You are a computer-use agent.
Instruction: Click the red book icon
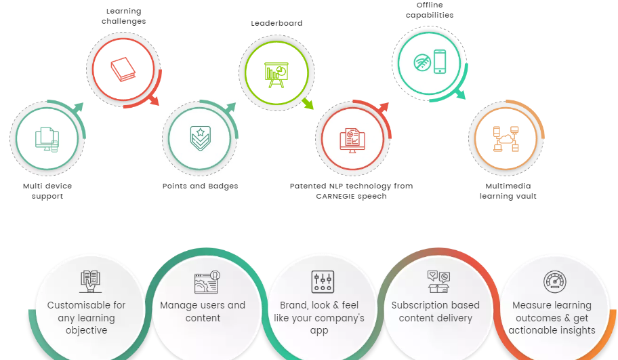click(x=123, y=69)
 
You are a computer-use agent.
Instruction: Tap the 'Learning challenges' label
click(x=123, y=16)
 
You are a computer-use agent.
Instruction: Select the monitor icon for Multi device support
click(x=47, y=139)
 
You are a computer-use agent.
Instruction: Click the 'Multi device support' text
click(x=47, y=191)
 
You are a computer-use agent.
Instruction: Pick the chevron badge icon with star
click(x=200, y=139)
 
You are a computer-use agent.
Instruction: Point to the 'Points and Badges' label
click(x=200, y=186)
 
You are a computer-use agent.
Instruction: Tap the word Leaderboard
click(x=276, y=23)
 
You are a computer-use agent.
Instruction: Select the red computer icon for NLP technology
click(x=352, y=140)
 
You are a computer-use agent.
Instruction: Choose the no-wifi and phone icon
click(x=430, y=62)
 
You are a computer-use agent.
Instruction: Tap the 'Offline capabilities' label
click(x=430, y=10)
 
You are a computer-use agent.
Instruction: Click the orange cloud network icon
click(x=506, y=138)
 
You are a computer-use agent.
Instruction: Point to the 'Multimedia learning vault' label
click(x=508, y=191)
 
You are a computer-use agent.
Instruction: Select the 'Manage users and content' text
click(x=203, y=312)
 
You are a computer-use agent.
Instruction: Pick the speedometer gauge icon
click(x=554, y=281)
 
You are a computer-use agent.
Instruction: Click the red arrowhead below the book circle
click(x=154, y=102)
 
